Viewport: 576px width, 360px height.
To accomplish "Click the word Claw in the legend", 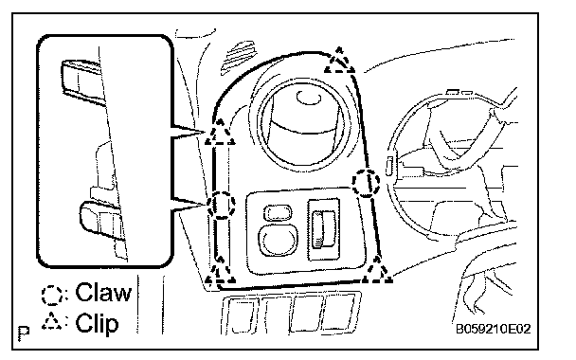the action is pos(103,293).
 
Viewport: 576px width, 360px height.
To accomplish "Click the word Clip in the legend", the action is pos(97,323).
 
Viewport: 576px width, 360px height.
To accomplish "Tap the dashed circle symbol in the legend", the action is pos(51,295).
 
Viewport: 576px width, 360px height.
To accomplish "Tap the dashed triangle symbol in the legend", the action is pos(52,321).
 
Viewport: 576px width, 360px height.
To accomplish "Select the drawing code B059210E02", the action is pos(494,329).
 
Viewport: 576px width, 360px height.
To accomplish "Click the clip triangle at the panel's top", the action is pos(339,61).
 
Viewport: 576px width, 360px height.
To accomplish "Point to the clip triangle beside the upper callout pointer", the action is pos(220,133).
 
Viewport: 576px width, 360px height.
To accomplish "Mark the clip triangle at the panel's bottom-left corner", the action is pos(220,271).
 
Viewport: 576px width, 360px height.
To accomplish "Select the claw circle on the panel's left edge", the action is pos(221,205).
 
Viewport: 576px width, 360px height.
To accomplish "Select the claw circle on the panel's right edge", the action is pos(367,182).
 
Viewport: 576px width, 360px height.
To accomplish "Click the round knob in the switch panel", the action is pos(279,240).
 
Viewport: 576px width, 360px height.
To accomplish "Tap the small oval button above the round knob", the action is pos(279,212).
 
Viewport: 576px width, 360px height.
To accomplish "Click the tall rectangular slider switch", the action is pos(324,229).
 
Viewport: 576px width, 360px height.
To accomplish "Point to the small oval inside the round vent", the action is pos(309,97).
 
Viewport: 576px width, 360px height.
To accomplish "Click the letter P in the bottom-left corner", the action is pos(24,333).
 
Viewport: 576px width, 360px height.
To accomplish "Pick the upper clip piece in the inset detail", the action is pos(82,81).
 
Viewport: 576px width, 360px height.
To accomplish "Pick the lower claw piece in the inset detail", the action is pos(101,222).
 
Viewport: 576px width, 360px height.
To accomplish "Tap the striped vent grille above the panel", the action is pos(239,58).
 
